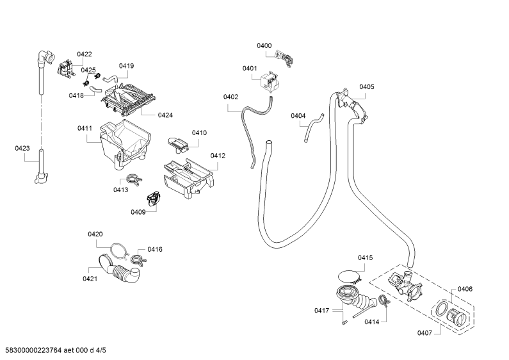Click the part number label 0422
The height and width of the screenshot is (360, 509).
coord(85,54)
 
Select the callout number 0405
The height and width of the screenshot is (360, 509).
coord(366,86)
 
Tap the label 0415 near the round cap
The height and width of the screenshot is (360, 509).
coord(365,258)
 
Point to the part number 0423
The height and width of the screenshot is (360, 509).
coord(22,149)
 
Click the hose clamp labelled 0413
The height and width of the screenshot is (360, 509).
coord(133,179)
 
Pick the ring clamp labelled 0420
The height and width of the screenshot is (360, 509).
coord(118,252)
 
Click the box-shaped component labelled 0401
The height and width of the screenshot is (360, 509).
coord(270,83)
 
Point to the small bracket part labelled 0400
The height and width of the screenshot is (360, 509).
coord(285,58)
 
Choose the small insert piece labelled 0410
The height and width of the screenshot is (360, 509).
coord(178,144)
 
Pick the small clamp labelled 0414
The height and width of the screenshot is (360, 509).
coord(384,300)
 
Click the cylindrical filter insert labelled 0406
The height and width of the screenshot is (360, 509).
coord(457,317)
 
